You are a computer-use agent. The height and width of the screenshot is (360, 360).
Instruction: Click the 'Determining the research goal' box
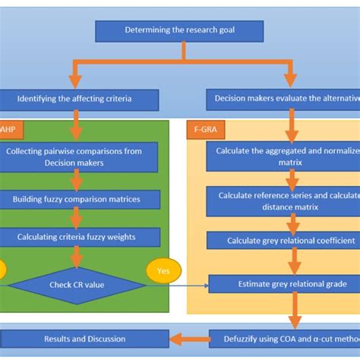click(x=179, y=31)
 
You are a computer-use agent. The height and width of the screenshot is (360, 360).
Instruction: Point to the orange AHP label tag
click(x=9, y=129)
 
